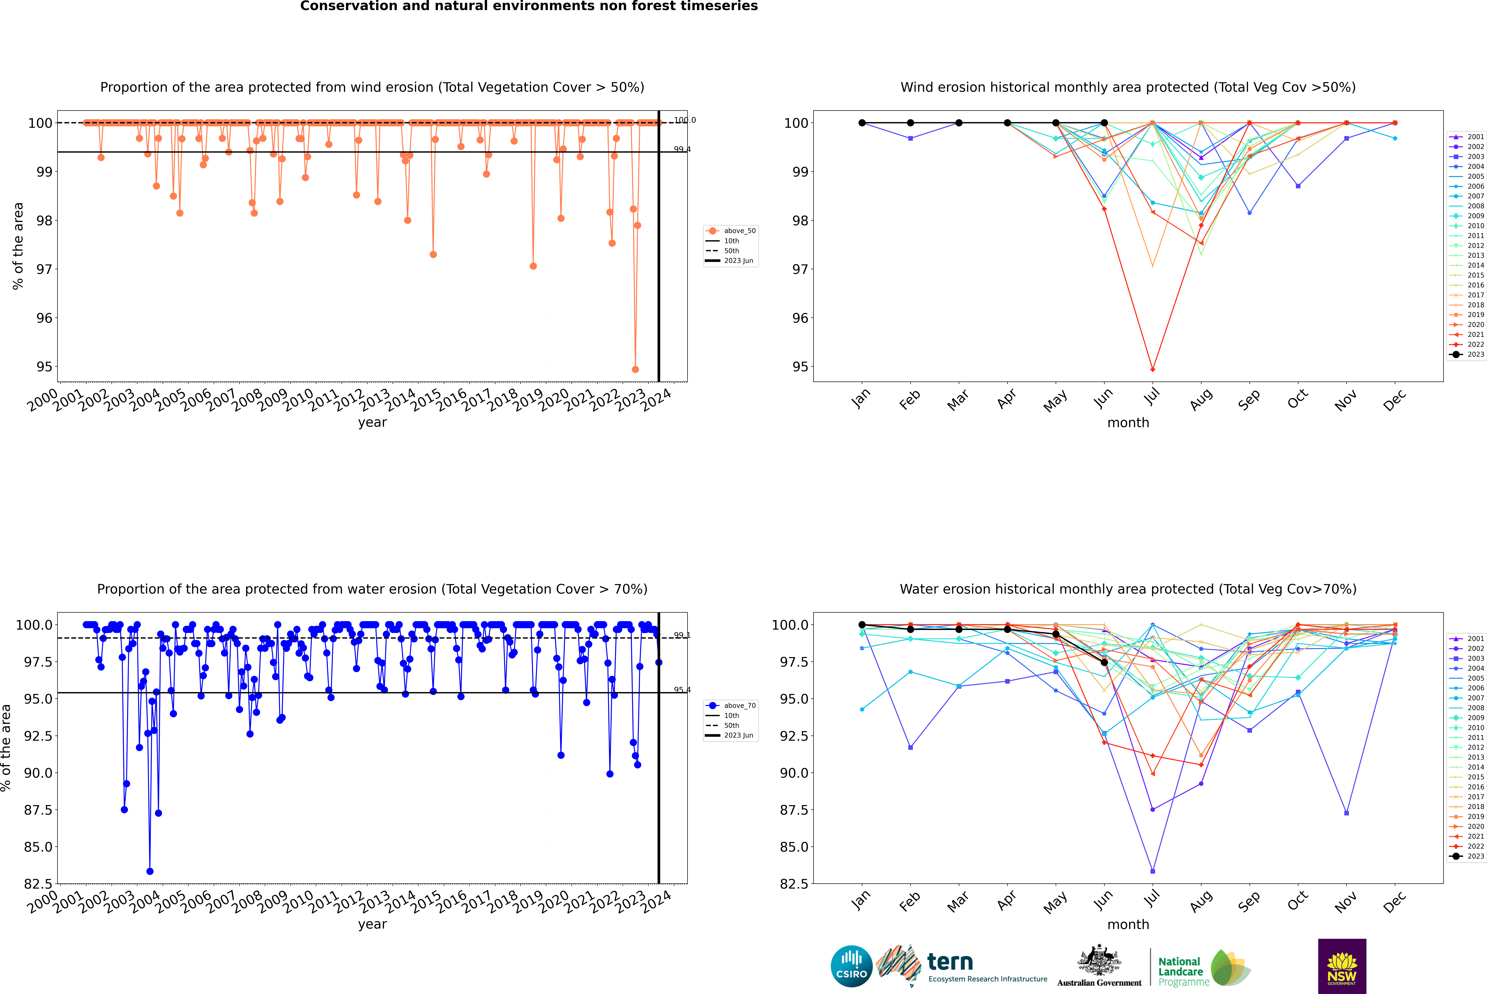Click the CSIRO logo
pyautogui.click(x=851, y=966)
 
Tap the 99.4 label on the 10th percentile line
pyautogui.click(x=682, y=150)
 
